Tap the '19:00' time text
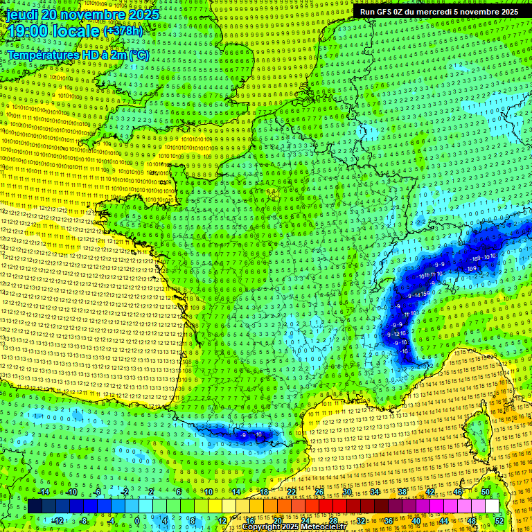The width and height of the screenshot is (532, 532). pyautogui.click(x=26, y=31)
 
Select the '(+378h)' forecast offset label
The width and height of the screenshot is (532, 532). pyautogui.click(x=123, y=30)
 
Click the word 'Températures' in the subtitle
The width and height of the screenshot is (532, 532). pyautogui.click(x=43, y=55)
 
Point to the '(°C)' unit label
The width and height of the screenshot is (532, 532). pyautogui.click(x=139, y=55)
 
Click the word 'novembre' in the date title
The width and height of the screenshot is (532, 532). pyautogui.click(x=89, y=14)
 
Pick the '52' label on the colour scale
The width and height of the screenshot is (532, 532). pyautogui.click(x=499, y=520)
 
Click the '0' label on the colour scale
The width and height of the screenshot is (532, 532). pyautogui.click(x=136, y=520)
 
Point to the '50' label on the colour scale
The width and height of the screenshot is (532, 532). pyautogui.click(x=486, y=492)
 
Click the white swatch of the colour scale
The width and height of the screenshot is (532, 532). pyautogui.click(x=492, y=506)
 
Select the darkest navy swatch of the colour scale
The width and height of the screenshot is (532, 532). pyautogui.click(x=35, y=506)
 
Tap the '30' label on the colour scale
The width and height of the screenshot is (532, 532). pyautogui.click(x=347, y=492)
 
